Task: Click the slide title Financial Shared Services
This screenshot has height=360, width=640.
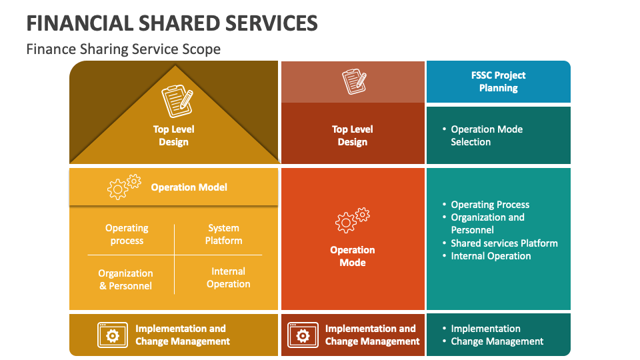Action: click(172, 23)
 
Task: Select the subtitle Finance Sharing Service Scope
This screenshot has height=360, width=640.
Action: click(123, 49)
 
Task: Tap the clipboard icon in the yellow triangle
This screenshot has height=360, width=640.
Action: click(177, 101)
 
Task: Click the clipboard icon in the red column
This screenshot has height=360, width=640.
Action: click(354, 82)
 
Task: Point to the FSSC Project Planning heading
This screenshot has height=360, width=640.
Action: click(498, 81)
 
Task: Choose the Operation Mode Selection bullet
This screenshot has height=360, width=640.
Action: click(486, 135)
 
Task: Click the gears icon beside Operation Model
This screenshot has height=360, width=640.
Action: click(124, 187)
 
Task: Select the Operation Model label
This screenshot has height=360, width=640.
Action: click(189, 187)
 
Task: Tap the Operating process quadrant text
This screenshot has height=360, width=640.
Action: click(127, 234)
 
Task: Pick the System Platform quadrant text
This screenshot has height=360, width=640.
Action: click(223, 234)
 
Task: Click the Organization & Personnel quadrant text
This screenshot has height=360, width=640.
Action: click(125, 279)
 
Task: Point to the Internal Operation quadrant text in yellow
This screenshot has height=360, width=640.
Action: click(228, 277)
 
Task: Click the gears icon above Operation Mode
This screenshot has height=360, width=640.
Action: click(352, 220)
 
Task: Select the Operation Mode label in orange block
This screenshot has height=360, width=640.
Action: click(352, 256)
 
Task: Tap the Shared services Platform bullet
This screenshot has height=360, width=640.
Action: click(504, 243)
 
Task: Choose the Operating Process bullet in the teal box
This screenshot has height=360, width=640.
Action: click(490, 205)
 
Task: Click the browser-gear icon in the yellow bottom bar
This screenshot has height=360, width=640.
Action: click(112, 335)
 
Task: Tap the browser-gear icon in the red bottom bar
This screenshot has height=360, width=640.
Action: click(302, 335)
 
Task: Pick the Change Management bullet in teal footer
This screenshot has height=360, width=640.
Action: click(497, 341)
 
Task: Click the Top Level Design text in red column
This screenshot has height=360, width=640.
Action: click(352, 135)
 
